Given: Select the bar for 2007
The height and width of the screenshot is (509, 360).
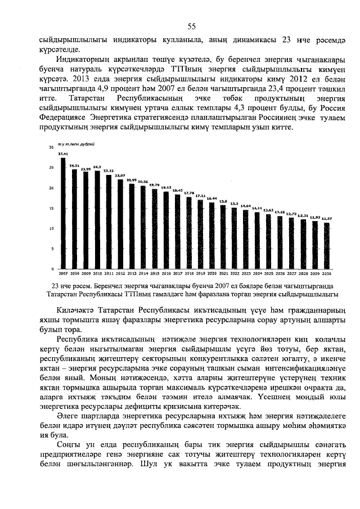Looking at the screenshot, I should (x=62, y=213).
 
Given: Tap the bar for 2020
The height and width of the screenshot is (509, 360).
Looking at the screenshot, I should (x=212, y=236).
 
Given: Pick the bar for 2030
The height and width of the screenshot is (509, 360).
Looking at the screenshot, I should (x=327, y=245).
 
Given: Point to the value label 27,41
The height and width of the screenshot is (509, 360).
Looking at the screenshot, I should (x=62, y=154).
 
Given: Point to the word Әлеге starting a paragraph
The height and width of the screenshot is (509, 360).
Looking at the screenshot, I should (x=68, y=417).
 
